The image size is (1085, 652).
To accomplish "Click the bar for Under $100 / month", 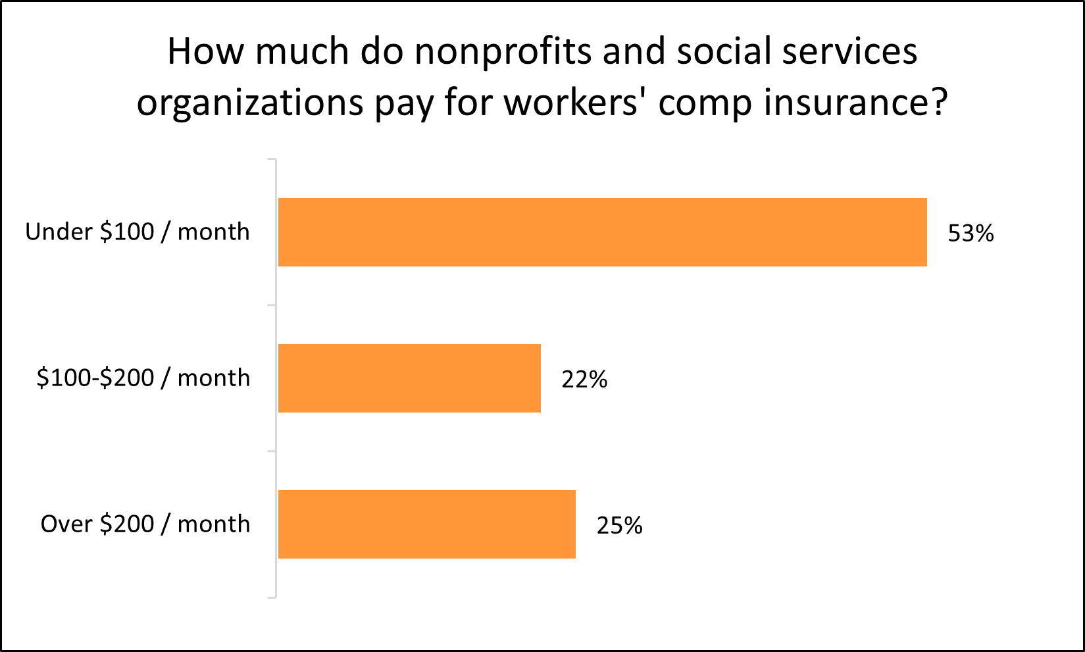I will [x=602, y=232].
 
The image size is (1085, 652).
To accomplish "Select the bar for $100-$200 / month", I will [x=409, y=378].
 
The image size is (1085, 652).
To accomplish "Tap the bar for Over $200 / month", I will [x=426, y=524].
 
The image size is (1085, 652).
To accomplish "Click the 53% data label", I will [x=971, y=234].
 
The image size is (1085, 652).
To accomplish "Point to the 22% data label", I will [x=584, y=380].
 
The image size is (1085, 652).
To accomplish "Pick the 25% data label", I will [x=619, y=526].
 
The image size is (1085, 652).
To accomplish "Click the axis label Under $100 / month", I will [x=138, y=232].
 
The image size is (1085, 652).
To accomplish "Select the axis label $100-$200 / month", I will [x=143, y=378].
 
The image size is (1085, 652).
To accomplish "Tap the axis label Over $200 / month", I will [x=145, y=524].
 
